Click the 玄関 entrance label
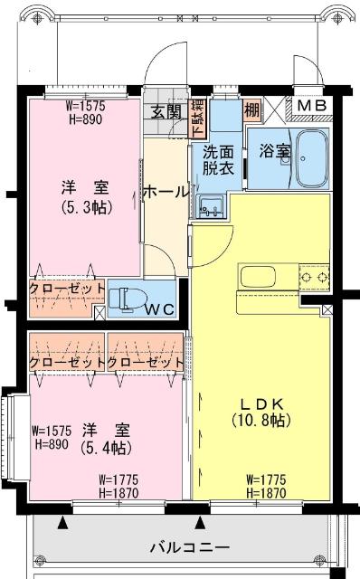[166, 112]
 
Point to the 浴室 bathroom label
[273, 150]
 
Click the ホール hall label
[166, 192]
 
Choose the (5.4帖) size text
[105, 447]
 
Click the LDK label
[261, 403]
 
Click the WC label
[160, 308]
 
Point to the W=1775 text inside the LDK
[267, 479]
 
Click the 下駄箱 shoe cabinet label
[198, 117]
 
